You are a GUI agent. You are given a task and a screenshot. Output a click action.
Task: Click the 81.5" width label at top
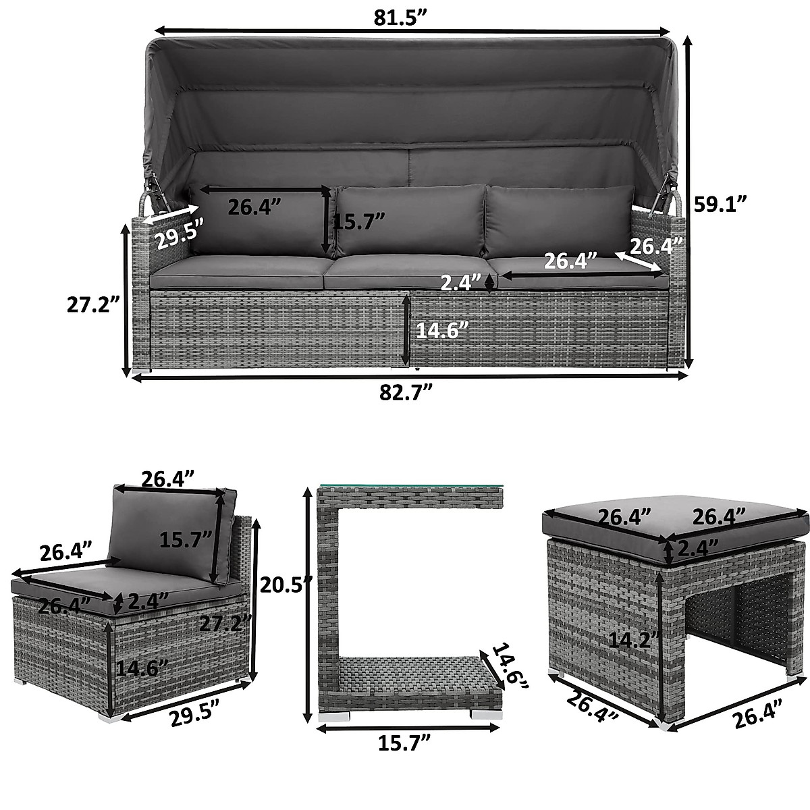click(x=402, y=18)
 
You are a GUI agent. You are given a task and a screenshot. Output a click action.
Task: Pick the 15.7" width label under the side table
click(x=404, y=744)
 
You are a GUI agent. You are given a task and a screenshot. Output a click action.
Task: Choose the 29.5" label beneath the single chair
click(x=183, y=713)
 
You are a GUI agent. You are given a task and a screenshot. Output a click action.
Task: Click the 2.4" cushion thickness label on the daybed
click(x=461, y=282)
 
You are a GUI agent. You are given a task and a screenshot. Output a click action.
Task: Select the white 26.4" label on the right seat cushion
click(x=570, y=260)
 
